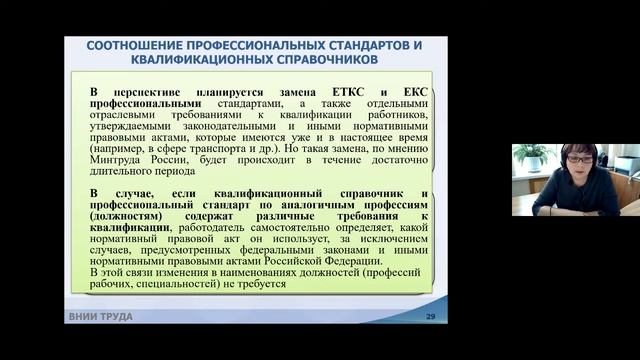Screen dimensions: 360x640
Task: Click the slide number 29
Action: [430, 317]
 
